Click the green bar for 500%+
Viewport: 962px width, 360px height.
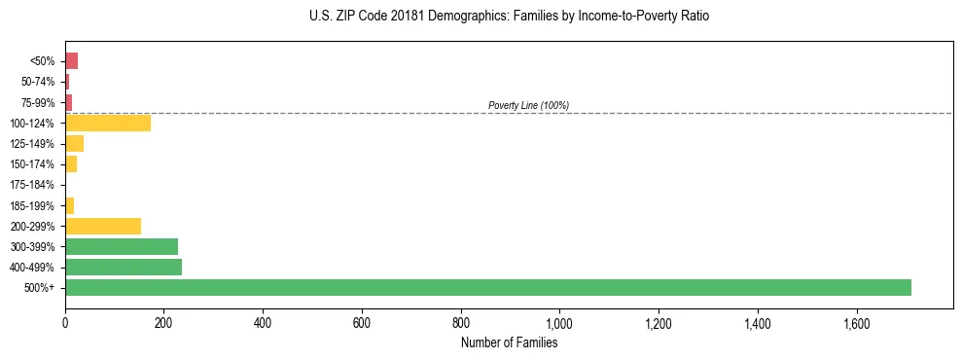487,287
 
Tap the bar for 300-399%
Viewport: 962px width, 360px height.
122,246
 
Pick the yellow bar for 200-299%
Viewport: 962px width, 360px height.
103,226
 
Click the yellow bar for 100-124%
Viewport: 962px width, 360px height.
108,123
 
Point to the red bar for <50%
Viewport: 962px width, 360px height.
71,61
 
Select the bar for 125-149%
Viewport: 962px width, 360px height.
74,144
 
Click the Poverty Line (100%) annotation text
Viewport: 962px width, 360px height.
528,105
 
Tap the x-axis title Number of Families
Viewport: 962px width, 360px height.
509,342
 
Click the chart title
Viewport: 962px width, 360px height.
509,17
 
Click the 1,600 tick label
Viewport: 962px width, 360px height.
856,323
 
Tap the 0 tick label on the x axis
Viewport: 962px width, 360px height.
65,323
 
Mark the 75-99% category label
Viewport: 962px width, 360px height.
38,102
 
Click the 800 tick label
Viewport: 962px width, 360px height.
461,323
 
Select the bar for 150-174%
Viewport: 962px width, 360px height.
71,164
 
